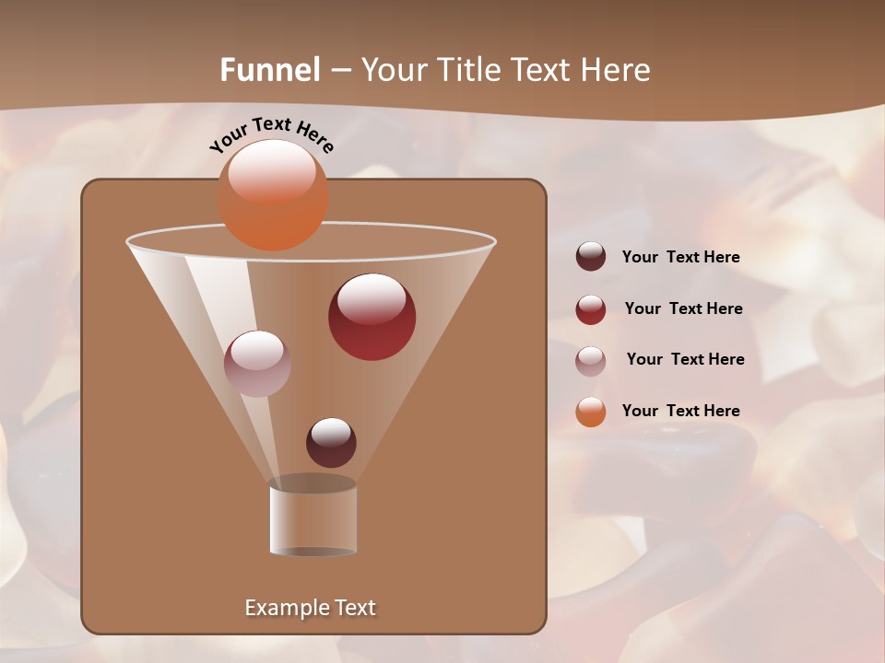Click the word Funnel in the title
pos(269,70)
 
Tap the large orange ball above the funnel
pos(273,195)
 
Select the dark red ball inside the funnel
pos(372,318)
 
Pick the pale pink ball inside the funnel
pos(257,364)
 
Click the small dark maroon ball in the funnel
pos(331,443)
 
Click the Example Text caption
pos(310,608)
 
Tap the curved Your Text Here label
pos(272,134)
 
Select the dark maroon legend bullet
pos(591,257)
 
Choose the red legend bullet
pos(591,309)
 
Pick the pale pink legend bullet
pos(591,360)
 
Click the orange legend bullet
pos(591,412)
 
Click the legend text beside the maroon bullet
pos(680,257)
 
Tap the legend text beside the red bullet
pos(683,308)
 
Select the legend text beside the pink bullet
pos(685,359)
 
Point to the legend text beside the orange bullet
pos(680,411)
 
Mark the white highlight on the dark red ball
pos(372,298)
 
